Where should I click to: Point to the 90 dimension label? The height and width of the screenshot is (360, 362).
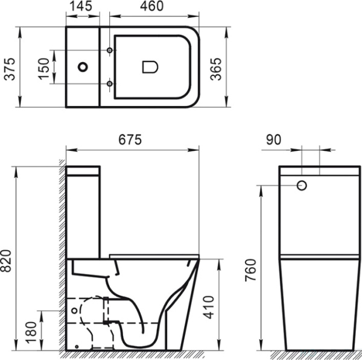[x=273, y=140]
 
